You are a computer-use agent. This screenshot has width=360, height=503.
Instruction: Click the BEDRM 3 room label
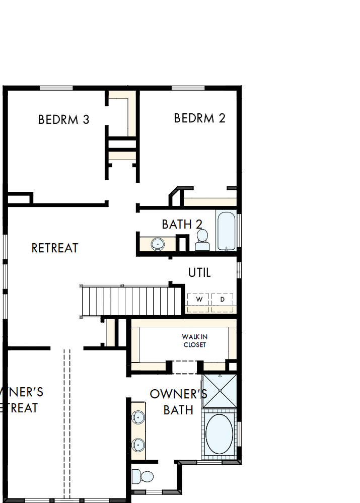click(64, 120)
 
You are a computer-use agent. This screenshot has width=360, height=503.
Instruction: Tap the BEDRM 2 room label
click(199, 118)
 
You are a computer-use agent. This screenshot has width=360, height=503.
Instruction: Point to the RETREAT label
click(55, 248)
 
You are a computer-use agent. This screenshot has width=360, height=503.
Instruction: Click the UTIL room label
click(199, 273)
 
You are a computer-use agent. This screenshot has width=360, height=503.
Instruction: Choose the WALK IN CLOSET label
click(194, 340)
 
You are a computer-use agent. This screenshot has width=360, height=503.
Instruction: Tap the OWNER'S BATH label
click(179, 402)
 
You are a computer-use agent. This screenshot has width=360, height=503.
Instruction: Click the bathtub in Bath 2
click(226, 231)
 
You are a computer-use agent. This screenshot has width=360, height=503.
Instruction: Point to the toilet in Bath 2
click(202, 240)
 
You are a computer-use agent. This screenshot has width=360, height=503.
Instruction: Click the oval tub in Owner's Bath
click(220, 435)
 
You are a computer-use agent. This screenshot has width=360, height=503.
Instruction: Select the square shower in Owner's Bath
click(220, 391)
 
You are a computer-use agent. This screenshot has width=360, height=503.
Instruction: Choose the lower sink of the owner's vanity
click(138, 444)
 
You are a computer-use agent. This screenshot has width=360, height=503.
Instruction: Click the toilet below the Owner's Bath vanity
click(143, 476)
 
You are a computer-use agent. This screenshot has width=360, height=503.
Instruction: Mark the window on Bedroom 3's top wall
click(56, 88)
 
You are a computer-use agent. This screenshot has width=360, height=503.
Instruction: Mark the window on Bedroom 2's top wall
click(188, 88)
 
